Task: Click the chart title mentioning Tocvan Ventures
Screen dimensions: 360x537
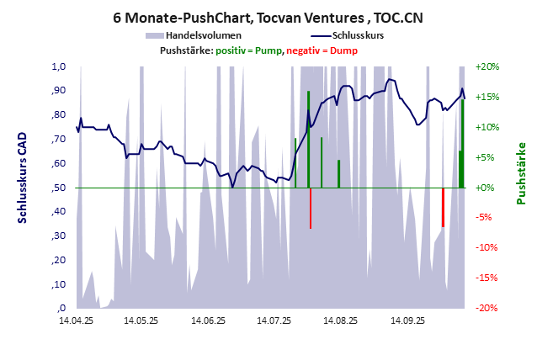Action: point(268,17)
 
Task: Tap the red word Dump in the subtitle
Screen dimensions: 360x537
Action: point(343,50)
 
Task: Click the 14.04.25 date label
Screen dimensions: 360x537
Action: point(75,320)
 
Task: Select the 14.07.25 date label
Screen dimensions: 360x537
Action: point(274,320)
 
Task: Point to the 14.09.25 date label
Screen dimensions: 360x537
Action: point(407,320)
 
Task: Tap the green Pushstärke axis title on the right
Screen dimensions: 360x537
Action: point(521,173)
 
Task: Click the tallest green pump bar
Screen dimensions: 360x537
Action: point(309,139)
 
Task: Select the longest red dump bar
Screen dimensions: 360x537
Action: point(311,208)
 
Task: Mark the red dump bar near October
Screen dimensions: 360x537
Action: point(444,207)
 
